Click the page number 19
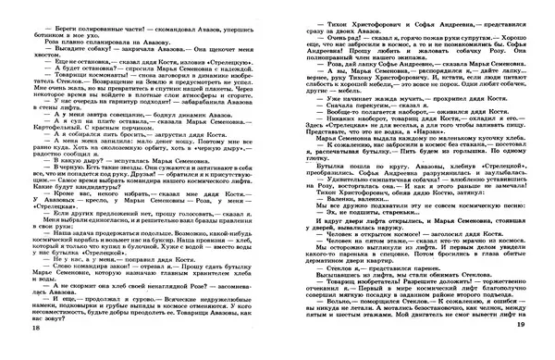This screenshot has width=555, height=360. click(x=546, y=329)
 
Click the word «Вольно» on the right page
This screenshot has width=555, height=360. click(x=314, y=303)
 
